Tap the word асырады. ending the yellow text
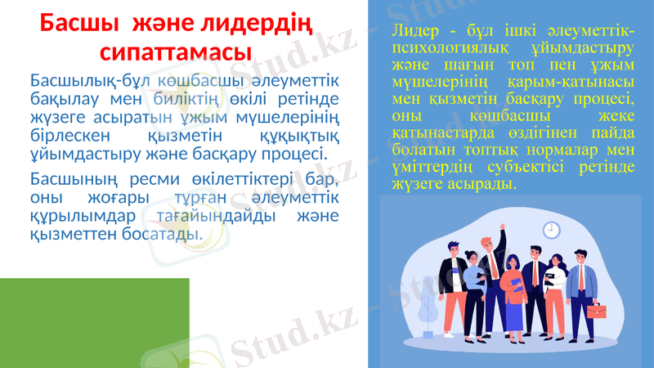tap(486, 185)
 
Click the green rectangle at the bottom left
tap(94, 322)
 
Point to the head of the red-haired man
tap(487, 243)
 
